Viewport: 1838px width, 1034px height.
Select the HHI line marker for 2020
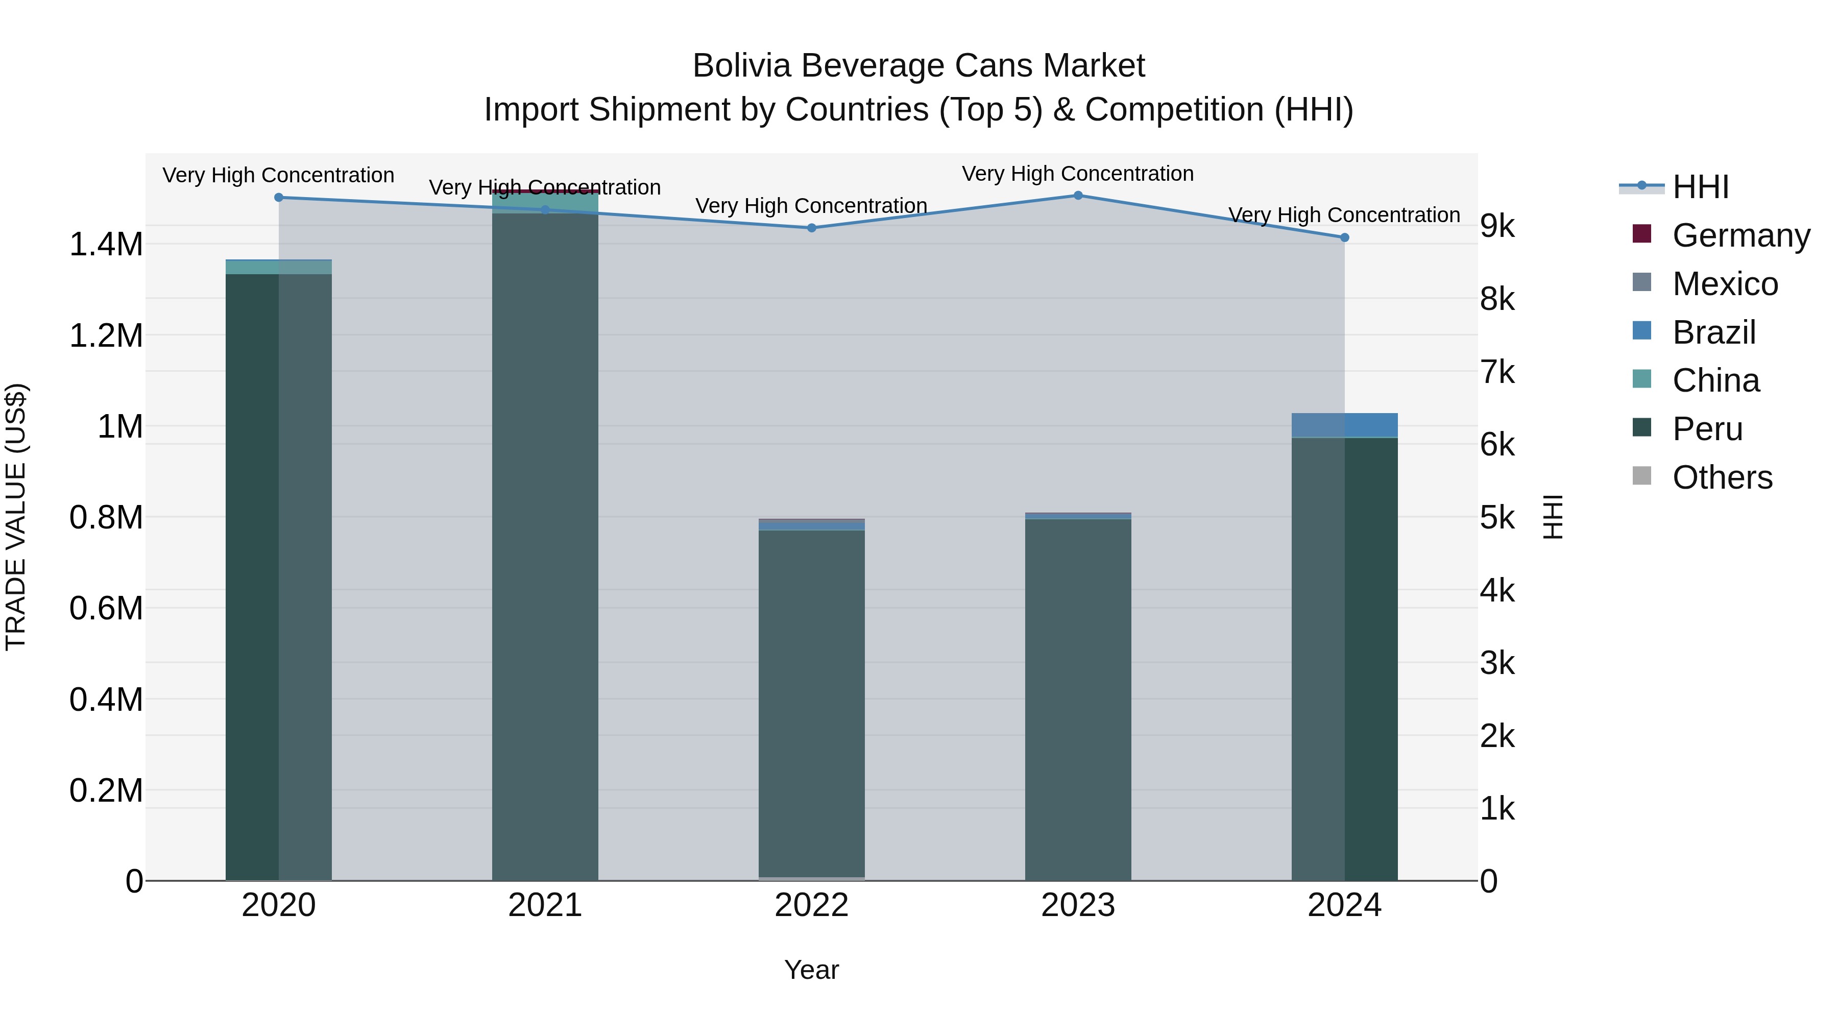(279, 198)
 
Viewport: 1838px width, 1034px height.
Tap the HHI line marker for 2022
(811, 228)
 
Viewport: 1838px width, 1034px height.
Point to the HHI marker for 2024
(1344, 237)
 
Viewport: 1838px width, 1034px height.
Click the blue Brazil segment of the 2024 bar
(1344, 425)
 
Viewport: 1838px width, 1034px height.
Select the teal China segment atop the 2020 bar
(278, 267)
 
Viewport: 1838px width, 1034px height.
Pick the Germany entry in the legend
(1740, 235)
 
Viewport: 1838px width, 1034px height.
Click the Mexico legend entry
(1725, 284)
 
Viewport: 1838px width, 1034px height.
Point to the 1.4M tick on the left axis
(106, 245)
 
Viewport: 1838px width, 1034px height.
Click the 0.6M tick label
(106, 609)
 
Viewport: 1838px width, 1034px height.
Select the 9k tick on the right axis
(1497, 226)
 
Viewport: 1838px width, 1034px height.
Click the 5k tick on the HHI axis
(1497, 518)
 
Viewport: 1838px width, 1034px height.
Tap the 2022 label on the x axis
(811, 905)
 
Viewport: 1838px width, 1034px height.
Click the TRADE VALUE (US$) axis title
(16, 517)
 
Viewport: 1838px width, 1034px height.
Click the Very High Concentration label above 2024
(1344, 215)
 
